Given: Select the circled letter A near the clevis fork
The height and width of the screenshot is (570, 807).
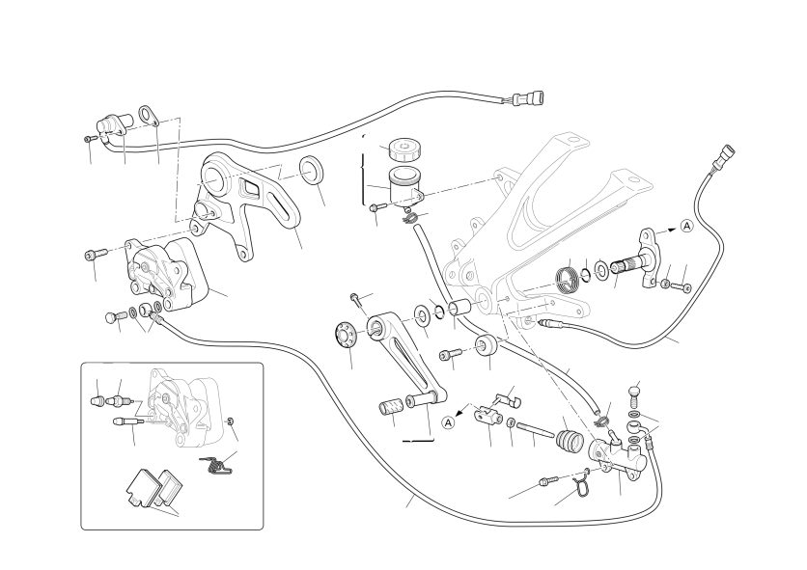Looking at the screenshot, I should (449, 422).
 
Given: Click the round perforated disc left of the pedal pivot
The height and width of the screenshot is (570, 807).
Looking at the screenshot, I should (346, 333).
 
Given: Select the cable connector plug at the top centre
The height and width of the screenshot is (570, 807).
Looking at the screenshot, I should (528, 97).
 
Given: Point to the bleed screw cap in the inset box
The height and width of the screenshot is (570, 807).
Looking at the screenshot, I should (97, 398).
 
